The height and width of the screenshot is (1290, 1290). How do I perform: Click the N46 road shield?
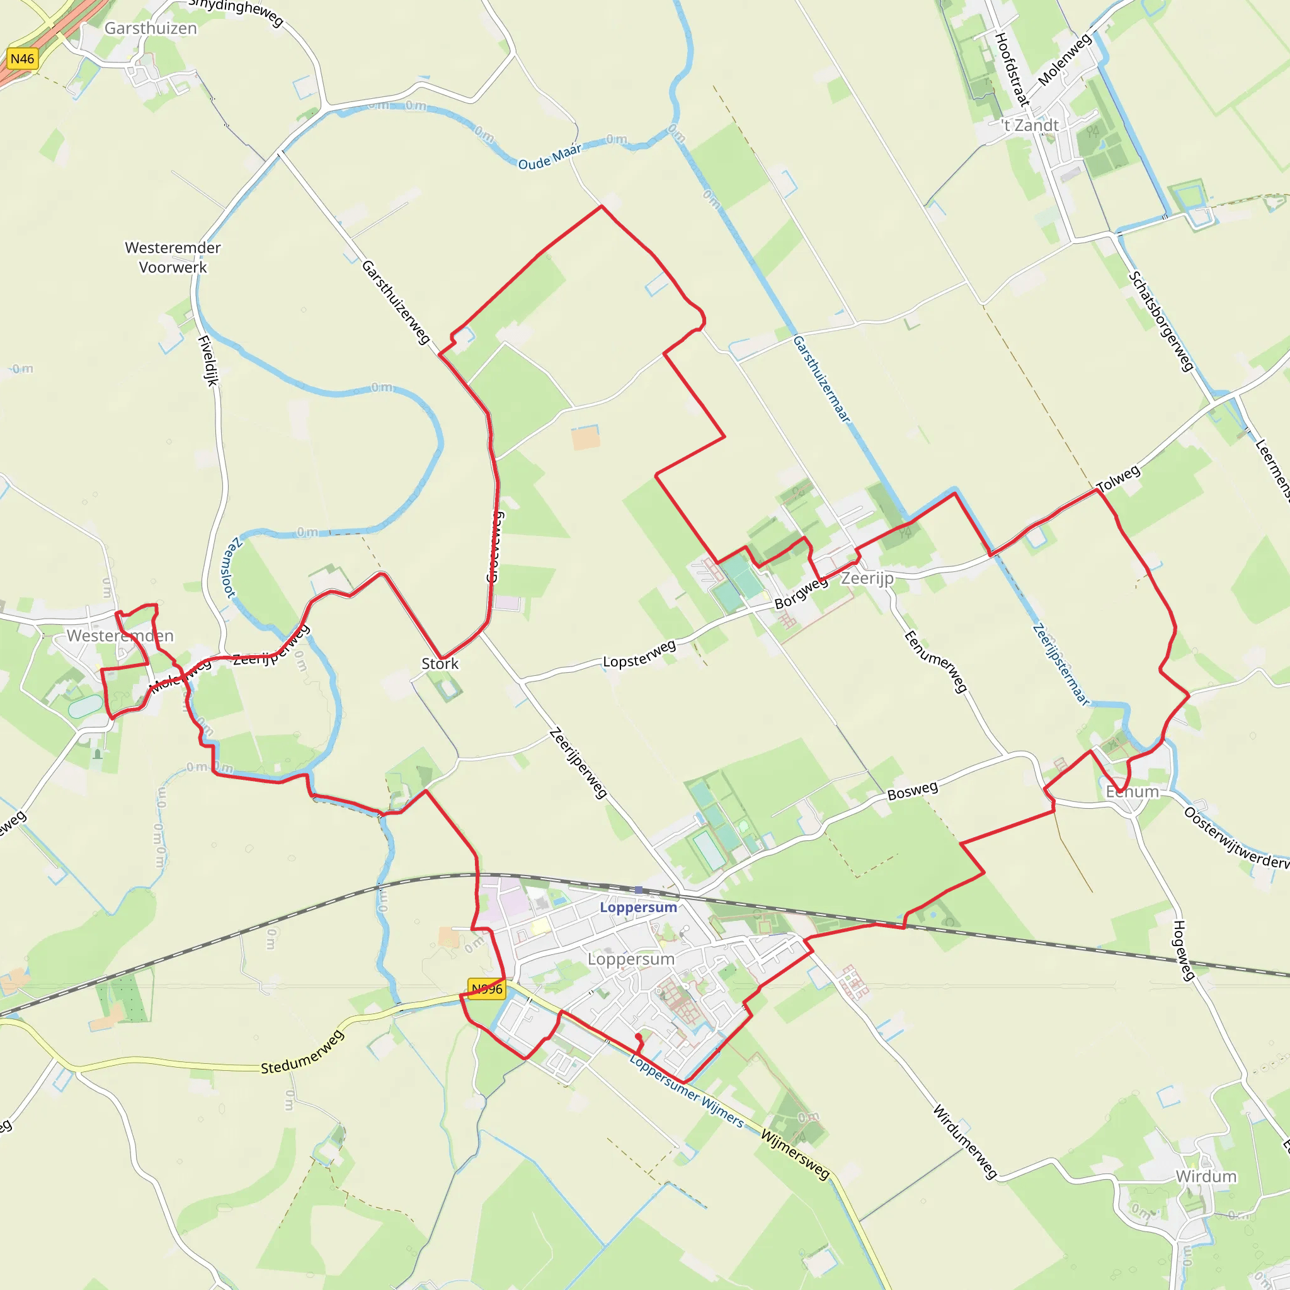(x=22, y=59)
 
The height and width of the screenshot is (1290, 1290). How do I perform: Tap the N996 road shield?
(x=487, y=989)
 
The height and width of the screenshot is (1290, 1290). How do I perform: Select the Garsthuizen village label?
(x=151, y=29)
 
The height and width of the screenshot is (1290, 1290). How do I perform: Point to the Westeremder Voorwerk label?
(x=173, y=257)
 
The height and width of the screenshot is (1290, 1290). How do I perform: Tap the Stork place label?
(x=440, y=664)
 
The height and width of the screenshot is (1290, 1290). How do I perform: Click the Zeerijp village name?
(x=867, y=578)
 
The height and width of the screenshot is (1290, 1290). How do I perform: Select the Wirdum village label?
(x=1206, y=1176)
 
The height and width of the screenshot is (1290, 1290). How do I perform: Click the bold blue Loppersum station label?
(x=638, y=908)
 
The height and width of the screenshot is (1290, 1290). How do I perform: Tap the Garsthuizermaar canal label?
(x=822, y=379)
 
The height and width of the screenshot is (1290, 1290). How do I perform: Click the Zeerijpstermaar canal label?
(x=1060, y=665)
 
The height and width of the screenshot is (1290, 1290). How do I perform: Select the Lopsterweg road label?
(x=640, y=654)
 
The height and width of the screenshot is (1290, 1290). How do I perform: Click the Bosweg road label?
(x=912, y=791)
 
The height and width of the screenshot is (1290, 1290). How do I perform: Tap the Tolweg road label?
(x=1119, y=478)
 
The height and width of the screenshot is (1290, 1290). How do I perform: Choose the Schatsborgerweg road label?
(x=1161, y=321)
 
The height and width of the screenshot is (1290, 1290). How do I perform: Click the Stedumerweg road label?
(x=302, y=1053)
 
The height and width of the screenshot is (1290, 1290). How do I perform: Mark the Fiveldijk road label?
(x=208, y=360)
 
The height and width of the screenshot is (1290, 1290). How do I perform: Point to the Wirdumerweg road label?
(x=965, y=1142)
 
